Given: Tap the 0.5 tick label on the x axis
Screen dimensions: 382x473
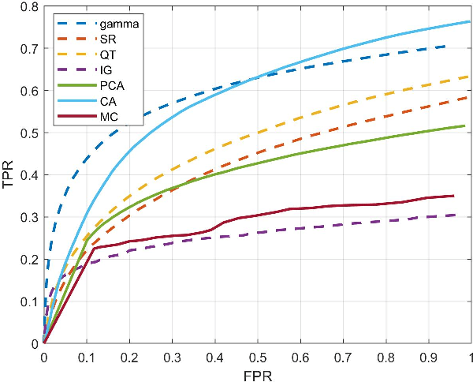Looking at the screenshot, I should (x=257, y=356).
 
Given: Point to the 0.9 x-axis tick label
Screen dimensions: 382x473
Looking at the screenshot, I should (x=428, y=356).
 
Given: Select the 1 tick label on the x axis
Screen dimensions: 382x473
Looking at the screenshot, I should (x=471, y=356).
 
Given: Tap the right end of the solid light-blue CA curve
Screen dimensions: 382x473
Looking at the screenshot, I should (x=471, y=21).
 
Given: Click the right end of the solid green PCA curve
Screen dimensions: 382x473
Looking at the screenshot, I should (x=464, y=125).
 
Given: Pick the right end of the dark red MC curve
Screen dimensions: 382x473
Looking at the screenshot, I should (x=453, y=196).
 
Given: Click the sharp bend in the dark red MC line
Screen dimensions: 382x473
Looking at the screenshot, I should (x=95, y=249).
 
